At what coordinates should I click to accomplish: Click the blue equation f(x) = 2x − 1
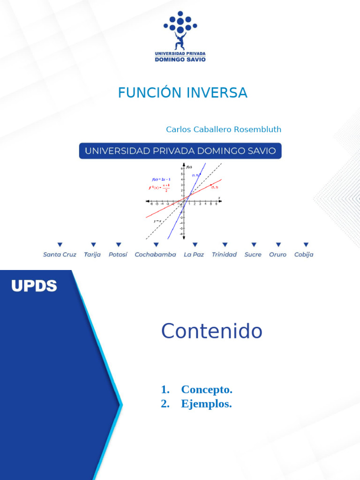[x=161, y=179]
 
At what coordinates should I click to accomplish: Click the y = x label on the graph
[x=157, y=221]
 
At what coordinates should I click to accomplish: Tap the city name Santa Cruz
[x=60, y=255]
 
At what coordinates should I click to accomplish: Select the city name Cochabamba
[x=155, y=255]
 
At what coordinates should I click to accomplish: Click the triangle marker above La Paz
[x=195, y=245]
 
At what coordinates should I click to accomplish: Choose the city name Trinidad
[x=224, y=255]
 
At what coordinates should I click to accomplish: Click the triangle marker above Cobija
[x=306, y=245]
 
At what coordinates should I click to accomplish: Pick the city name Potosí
[x=118, y=255]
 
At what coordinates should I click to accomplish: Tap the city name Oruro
[x=277, y=255]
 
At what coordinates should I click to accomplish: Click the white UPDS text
[x=34, y=286]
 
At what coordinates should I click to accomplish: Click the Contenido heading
[x=211, y=331]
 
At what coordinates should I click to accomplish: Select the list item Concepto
[x=206, y=390]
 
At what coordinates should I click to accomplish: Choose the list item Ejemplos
[x=206, y=404]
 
